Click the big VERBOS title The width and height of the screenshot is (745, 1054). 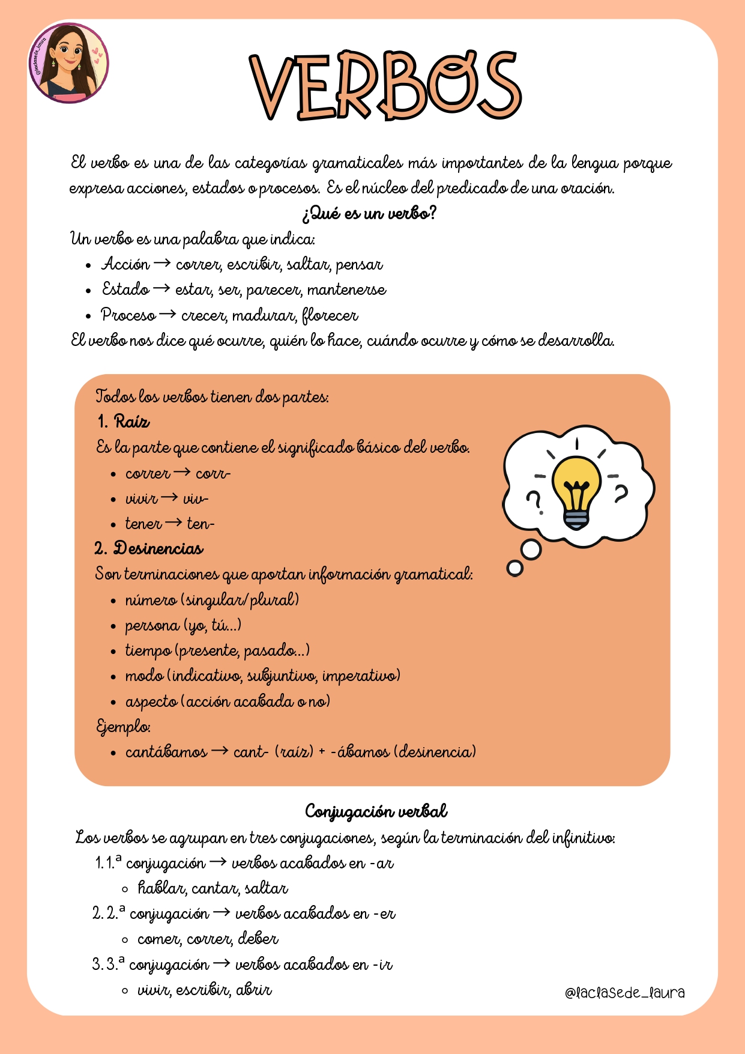pyautogui.click(x=386, y=86)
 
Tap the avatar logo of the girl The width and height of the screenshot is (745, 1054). pyautogui.click(x=68, y=62)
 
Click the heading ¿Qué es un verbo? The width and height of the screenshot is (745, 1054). pyautogui.click(x=369, y=213)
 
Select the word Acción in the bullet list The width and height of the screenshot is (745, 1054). pyautogui.click(x=125, y=264)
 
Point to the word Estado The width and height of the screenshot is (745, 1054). pyautogui.click(x=125, y=289)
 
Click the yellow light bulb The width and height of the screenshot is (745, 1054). pyautogui.click(x=576, y=486)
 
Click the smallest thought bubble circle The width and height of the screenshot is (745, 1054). pyautogui.click(x=514, y=568)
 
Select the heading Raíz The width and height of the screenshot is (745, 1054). pyautogui.click(x=131, y=422)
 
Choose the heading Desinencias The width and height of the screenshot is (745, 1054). pyautogui.click(x=158, y=548)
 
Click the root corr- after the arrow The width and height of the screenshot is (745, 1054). pyautogui.click(x=213, y=474)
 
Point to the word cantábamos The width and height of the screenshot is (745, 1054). pyautogui.click(x=166, y=752)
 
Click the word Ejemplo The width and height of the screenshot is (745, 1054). pyautogui.click(x=123, y=727)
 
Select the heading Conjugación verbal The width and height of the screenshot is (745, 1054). pyautogui.click(x=376, y=811)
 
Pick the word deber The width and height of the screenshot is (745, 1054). pyautogui.click(x=258, y=938)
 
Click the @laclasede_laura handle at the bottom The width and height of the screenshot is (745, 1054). pyautogui.click(x=624, y=993)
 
